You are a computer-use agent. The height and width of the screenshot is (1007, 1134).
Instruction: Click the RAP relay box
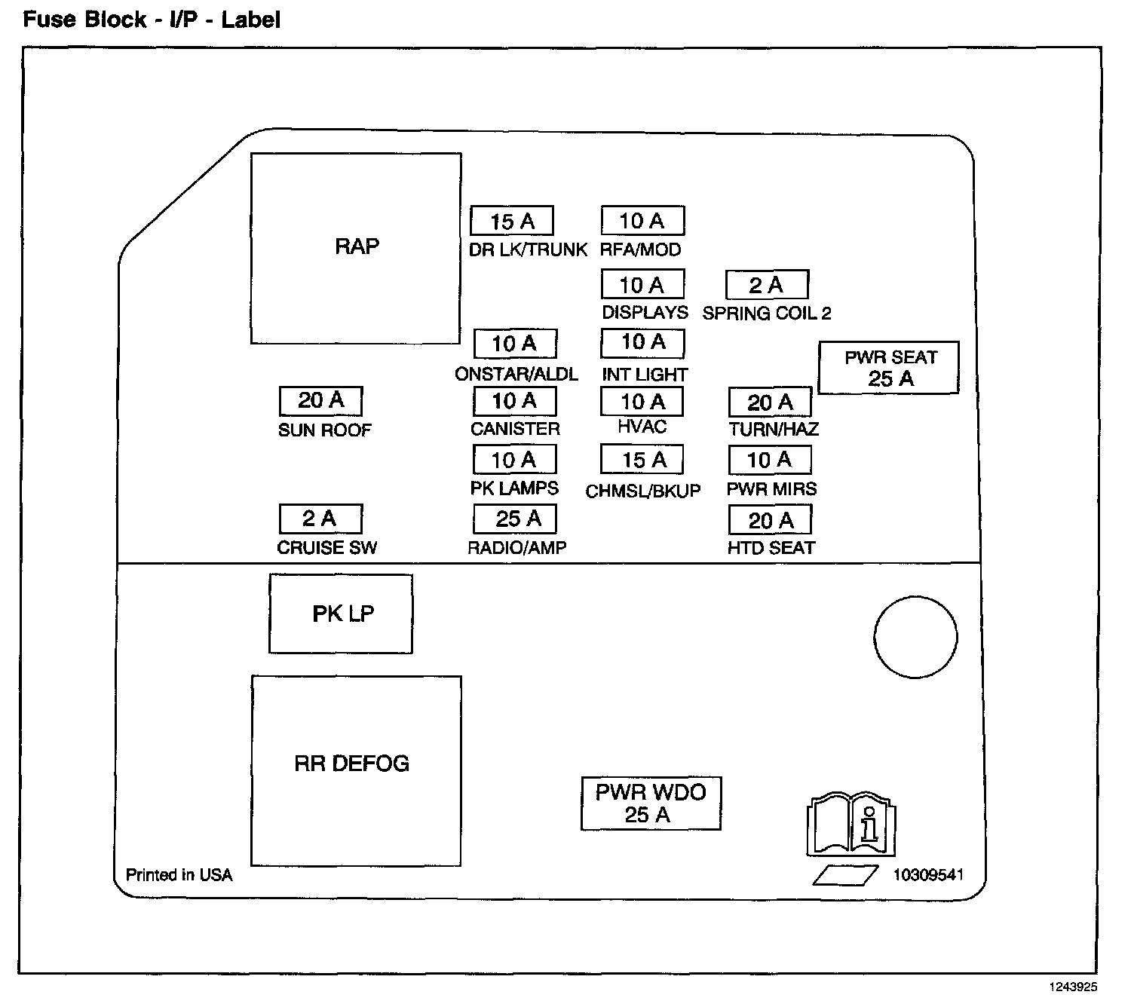pyautogui.click(x=356, y=248)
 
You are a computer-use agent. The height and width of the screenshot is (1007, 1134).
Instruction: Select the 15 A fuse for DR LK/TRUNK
pyautogui.click(x=512, y=221)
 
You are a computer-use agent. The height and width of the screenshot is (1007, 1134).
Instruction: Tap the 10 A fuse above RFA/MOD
pyautogui.click(x=642, y=221)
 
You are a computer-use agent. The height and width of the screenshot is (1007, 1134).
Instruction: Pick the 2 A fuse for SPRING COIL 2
pyautogui.click(x=767, y=285)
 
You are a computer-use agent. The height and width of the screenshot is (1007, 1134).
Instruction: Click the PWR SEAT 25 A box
pyautogui.click(x=889, y=368)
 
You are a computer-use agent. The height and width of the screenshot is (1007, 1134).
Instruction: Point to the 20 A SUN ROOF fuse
pyautogui.click(x=320, y=401)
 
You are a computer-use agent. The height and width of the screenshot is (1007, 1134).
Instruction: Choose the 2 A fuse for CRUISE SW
pyautogui.click(x=320, y=519)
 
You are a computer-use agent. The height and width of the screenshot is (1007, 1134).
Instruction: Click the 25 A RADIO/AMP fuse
pyautogui.click(x=515, y=519)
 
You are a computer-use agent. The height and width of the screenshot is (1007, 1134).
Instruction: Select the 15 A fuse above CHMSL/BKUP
pyautogui.click(x=642, y=459)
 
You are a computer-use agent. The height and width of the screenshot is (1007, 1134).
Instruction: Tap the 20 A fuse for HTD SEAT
pyautogui.click(x=770, y=520)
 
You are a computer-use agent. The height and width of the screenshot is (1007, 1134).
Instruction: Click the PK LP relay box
pyautogui.click(x=341, y=614)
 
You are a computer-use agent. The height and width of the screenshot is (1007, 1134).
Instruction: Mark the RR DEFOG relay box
pyautogui.click(x=356, y=770)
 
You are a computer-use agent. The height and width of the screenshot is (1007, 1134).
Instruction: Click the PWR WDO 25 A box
pyautogui.click(x=651, y=803)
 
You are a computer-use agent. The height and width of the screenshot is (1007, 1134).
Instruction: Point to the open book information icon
pyautogui.click(x=851, y=823)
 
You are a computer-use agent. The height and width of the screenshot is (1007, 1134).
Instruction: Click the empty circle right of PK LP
pyautogui.click(x=915, y=636)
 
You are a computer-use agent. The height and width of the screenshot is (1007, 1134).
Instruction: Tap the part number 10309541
pyautogui.click(x=928, y=875)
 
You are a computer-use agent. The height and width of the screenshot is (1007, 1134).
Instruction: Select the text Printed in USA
pyautogui.click(x=179, y=875)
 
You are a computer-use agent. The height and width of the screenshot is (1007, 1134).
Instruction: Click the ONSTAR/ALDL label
pyautogui.click(x=516, y=374)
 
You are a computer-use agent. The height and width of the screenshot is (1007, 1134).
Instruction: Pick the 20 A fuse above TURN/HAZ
pyautogui.click(x=770, y=402)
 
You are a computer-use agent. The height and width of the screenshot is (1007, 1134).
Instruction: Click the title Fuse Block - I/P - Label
pyautogui.click(x=152, y=20)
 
